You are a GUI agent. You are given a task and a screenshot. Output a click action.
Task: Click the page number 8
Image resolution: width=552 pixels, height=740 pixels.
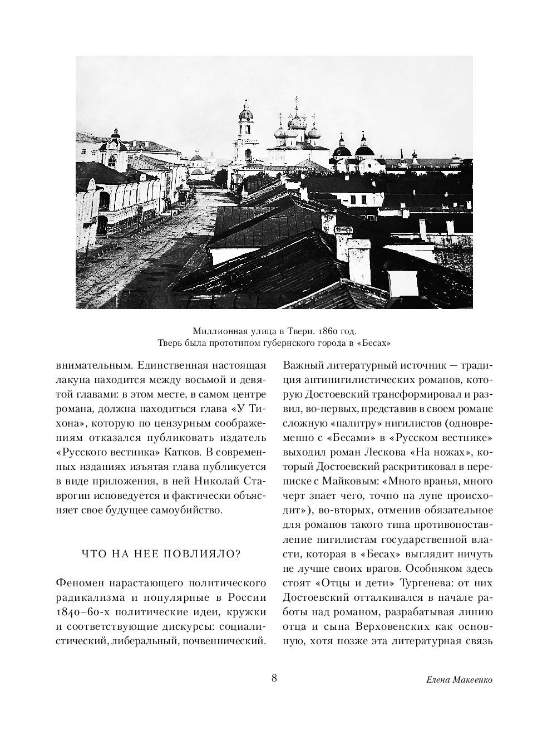[x=274, y=678]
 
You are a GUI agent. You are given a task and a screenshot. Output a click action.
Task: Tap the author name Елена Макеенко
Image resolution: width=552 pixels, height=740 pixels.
[x=459, y=680]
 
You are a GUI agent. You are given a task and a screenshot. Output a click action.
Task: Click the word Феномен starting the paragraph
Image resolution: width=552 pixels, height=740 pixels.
[x=81, y=584]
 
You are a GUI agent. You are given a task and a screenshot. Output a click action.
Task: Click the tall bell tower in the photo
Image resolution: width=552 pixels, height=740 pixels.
[x=245, y=134]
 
